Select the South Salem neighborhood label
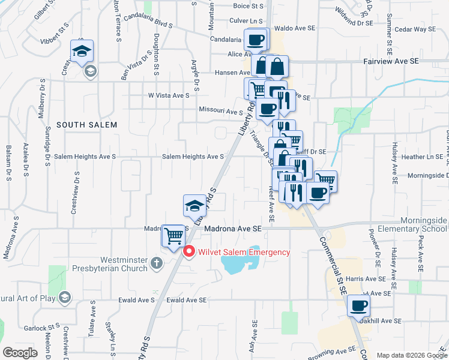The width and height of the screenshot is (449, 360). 86,124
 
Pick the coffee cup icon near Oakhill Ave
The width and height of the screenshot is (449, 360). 359,306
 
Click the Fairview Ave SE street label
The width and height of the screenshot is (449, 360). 391,61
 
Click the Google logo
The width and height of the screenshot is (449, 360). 20,353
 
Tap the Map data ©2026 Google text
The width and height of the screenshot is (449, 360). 411,355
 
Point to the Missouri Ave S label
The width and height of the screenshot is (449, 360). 221,111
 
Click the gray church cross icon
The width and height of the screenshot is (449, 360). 156,262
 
